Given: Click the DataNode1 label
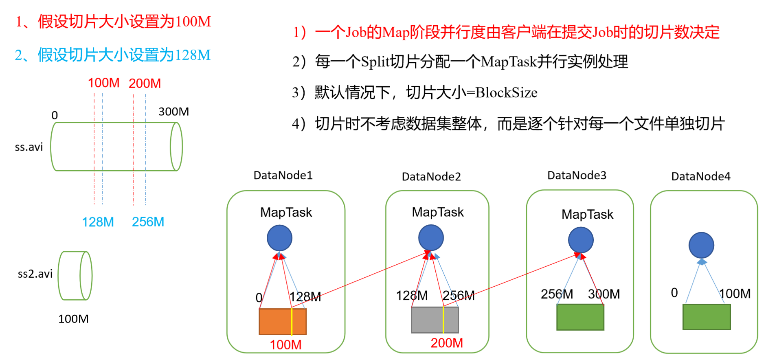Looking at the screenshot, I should [x=283, y=176].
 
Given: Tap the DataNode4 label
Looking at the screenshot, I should [x=701, y=176].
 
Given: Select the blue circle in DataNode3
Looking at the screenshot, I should [x=581, y=240].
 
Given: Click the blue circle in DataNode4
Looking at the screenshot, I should [x=701, y=245].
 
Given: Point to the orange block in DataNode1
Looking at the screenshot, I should [x=275, y=322].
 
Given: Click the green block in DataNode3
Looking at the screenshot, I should [x=580, y=317].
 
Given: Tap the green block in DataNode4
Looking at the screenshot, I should [x=707, y=317].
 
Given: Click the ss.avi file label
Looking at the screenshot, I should [x=29, y=147].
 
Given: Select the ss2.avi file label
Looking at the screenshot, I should [x=35, y=274].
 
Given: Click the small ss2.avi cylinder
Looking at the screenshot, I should [x=75, y=276].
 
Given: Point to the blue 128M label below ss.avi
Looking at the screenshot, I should [x=98, y=222].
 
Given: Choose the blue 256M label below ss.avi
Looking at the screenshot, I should [x=148, y=222].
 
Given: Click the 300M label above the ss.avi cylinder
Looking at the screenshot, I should [x=173, y=112].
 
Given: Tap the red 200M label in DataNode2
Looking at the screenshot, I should [x=447, y=343].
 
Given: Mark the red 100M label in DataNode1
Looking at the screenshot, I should [x=285, y=345].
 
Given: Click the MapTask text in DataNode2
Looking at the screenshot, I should [x=438, y=212].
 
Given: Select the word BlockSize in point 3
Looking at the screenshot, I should [x=506, y=93].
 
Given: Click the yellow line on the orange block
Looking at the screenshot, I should [x=292, y=322].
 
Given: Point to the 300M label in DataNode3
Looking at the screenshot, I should [x=604, y=294].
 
